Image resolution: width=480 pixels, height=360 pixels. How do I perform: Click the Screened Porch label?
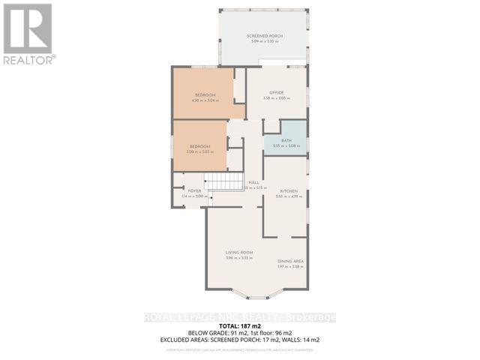(263, 36)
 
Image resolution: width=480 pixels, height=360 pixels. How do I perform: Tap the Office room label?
(277, 93)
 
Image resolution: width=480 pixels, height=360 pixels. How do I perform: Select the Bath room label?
(286, 141)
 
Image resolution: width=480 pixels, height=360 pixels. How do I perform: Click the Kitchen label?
(289, 192)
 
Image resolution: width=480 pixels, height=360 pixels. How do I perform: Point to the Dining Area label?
(290, 261)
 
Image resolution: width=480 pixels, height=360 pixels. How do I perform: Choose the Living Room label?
(239, 253)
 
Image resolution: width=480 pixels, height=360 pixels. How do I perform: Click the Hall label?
(254, 182)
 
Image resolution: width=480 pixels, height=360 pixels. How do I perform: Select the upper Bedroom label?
(205, 95)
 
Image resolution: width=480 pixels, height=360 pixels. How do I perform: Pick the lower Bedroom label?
(199, 146)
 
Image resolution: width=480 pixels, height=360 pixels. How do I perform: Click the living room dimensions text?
(239, 258)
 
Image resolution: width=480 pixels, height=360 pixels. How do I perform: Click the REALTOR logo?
(28, 34)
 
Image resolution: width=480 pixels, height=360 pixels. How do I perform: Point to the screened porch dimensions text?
(263, 42)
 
